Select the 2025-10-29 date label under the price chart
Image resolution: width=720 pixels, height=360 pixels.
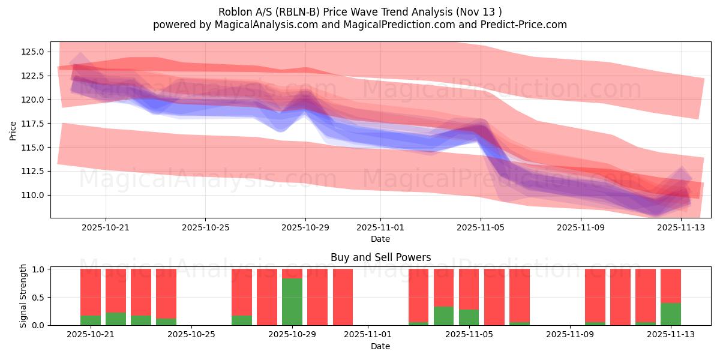point(305,228)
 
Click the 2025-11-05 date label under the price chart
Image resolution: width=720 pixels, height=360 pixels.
point(480,228)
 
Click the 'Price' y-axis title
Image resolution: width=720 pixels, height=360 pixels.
point(13,130)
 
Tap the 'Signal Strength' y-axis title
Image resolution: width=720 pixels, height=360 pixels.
point(23,296)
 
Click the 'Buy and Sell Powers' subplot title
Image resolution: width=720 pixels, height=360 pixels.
point(380,257)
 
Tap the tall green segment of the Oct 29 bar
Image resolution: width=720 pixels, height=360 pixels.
point(292,302)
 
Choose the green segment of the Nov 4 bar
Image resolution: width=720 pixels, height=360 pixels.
point(444,316)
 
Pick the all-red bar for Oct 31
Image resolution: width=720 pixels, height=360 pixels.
point(343,297)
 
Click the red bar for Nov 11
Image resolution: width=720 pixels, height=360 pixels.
point(620,297)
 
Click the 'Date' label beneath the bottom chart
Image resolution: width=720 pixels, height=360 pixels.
point(380,346)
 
